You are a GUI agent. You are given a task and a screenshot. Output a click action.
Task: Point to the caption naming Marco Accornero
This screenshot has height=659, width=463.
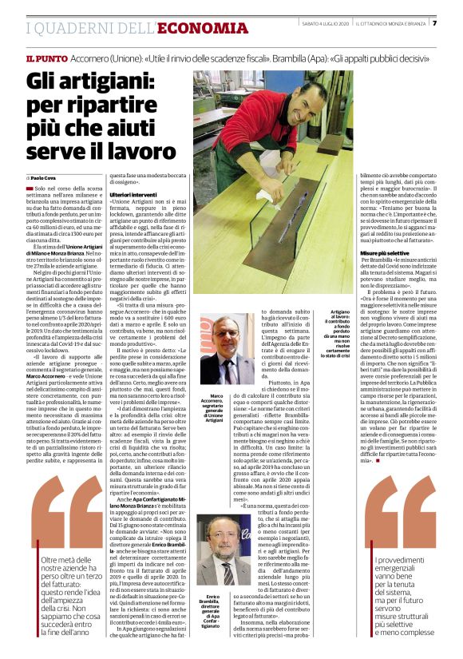pos(212,407)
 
